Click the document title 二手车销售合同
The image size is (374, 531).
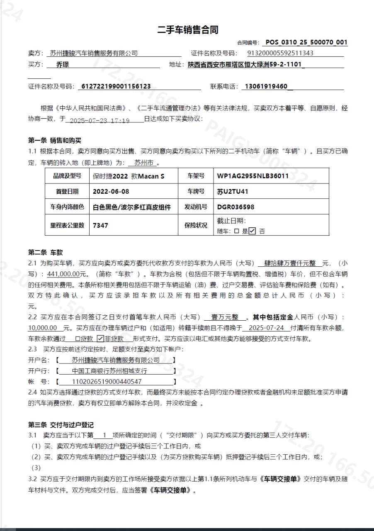[x=187, y=30]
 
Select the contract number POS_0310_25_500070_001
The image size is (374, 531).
[x=306, y=42]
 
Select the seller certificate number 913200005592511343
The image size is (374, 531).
[x=280, y=53]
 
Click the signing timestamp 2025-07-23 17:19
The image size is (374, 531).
[x=100, y=120]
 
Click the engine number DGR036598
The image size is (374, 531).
[x=236, y=207]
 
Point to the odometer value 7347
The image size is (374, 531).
[x=101, y=225]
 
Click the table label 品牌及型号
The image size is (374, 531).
[x=67, y=176]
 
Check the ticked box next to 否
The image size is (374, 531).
[x=252, y=231]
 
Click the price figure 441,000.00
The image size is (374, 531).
[x=63, y=274]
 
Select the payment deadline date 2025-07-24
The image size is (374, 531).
[x=264, y=328]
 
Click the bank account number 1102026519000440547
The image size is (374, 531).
[x=107, y=382]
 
